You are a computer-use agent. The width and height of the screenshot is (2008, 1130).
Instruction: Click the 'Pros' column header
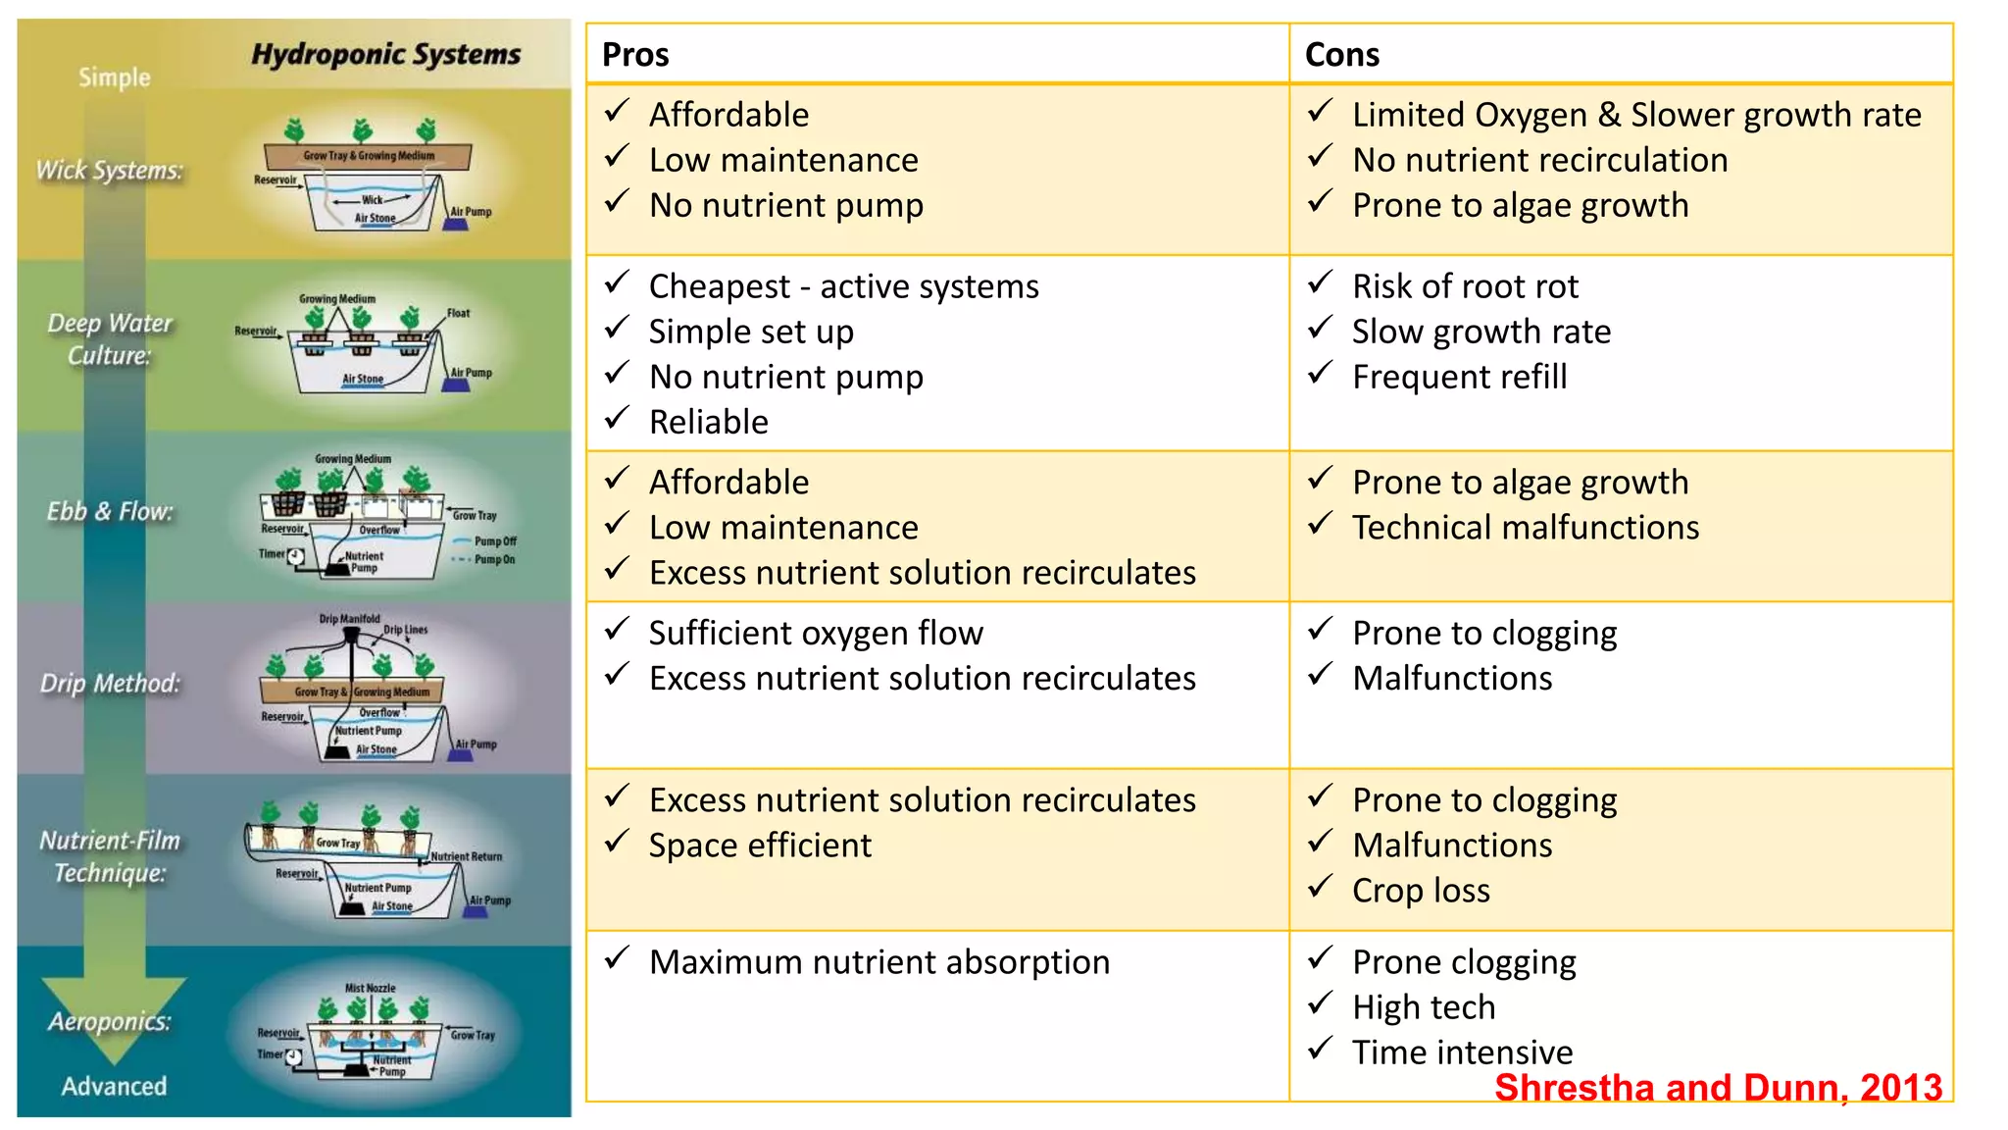click(x=635, y=55)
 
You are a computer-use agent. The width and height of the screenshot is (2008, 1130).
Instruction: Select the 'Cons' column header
click(x=1341, y=55)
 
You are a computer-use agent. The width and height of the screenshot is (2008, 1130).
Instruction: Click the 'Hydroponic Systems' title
click(x=386, y=55)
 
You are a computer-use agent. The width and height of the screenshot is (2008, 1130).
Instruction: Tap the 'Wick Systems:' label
click(x=110, y=171)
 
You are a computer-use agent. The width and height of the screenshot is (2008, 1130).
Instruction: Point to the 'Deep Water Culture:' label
click(x=110, y=339)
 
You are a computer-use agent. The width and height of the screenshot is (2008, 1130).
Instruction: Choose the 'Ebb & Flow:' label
click(x=110, y=511)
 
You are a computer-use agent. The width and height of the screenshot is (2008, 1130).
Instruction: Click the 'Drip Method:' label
click(x=110, y=684)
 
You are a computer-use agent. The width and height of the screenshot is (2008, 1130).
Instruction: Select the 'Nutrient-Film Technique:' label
click(x=110, y=856)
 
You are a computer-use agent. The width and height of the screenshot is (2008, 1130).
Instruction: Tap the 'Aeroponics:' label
click(x=110, y=1021)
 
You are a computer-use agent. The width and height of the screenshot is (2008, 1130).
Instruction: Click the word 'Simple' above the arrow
click(x=115, y=77)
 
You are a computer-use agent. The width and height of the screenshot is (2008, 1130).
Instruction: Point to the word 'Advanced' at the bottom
click(x=114, y=1086)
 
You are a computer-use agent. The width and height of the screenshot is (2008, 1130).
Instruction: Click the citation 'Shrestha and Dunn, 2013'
click(x=1718, y=1088)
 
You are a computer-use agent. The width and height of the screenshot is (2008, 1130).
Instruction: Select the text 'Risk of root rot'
click(x=1465, y=286)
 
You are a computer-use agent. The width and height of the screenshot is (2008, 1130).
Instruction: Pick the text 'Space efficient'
click(x=760, y=846)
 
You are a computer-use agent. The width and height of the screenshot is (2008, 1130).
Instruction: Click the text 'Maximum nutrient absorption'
click(x=879, y=962)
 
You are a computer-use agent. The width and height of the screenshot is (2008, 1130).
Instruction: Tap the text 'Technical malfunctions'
click(x=1526, y=528)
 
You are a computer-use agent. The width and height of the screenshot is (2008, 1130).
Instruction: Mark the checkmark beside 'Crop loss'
click(x=1321, y=886)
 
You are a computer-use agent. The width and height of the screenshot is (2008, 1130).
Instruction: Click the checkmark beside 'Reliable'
click(x=617, y=417)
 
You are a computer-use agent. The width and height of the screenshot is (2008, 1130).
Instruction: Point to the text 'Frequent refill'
click(x=1459, y=377)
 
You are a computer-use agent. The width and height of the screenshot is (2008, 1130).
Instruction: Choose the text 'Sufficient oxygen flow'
click(x=816, y=634)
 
